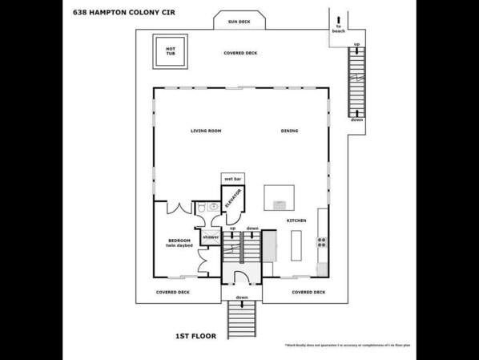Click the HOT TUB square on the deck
(171, 51)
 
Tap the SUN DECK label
(239, 22)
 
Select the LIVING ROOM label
(206, 131)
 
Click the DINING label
(289, 131)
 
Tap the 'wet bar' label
(231, 178)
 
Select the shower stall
(210, 237)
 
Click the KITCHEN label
(296, 220)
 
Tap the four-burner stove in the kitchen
(321, 241)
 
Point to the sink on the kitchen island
(279, 204)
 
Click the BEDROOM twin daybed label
(179, 243)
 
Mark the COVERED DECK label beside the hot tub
(240, 53)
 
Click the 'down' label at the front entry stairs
(241, 297)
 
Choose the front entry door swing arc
(241, 277)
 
